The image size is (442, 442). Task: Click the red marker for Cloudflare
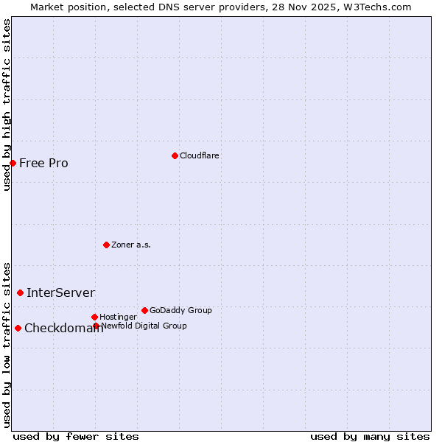coord(175,155)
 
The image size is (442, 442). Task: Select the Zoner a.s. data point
coord(106,245)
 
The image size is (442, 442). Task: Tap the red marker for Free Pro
coord(13,163)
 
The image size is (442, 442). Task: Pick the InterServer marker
coord(20,292)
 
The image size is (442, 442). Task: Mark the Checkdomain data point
coord(18,328)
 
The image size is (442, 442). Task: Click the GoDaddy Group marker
coord(144,310)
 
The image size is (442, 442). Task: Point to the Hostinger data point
coord(94,317)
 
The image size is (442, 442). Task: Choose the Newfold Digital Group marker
coord(96,326)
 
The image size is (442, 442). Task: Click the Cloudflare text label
coord(199,155)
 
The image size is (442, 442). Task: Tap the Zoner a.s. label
coord(131,245)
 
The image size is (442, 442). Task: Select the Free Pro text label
coord(43,163)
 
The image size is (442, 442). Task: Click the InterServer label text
coord(60,292)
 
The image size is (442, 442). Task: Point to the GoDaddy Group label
coord(180,310)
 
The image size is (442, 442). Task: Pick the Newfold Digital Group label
coord(144,326)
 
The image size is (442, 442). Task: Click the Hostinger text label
coord(118,317)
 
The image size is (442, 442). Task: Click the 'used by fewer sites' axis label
coord(76,436)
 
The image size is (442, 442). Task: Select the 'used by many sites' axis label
coord(370,436)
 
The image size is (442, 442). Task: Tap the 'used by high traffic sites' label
coord(7,105)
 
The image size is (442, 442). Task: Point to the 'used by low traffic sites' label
coord(7,344)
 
